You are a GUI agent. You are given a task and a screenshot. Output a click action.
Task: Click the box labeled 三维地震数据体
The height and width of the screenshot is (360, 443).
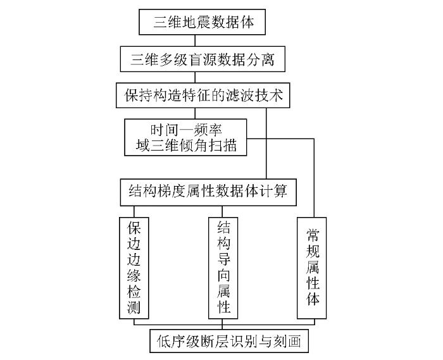coord(202,22)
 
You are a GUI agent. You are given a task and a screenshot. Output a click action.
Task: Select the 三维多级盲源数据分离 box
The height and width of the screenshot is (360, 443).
coord(203,59)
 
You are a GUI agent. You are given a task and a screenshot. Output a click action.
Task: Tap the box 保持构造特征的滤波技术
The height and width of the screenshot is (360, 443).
coord(203,95)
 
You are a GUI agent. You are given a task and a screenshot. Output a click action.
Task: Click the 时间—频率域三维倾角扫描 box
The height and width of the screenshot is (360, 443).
coord(185,137)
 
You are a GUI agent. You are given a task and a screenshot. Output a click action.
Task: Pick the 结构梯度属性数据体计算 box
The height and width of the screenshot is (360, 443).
coord(208,192)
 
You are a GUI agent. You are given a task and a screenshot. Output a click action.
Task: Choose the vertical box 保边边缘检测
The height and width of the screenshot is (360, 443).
coord(134,268)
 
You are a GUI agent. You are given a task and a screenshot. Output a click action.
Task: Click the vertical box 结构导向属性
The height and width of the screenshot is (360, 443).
coord(223,268)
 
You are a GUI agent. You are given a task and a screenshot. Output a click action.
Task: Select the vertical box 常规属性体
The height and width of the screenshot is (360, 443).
coord(311,268)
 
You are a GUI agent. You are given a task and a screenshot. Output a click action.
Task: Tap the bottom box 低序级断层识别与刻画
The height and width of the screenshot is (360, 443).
coord(229,341)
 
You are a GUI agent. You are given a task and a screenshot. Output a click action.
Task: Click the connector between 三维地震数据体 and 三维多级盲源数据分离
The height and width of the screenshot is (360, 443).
coord(195,40)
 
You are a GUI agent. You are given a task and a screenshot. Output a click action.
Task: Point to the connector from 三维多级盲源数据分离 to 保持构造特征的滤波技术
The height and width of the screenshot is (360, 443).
coord(195,77)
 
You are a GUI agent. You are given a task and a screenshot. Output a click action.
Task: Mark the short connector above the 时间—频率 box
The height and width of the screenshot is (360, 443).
coord(195,113)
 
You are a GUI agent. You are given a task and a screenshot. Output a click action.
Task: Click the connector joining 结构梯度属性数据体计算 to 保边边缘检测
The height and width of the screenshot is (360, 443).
coord(134,211)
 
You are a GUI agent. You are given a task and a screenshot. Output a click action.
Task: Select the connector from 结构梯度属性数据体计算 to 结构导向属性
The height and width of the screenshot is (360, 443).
coord(222,211)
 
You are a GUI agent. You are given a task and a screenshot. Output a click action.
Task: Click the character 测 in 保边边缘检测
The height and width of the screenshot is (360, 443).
coord(134,307)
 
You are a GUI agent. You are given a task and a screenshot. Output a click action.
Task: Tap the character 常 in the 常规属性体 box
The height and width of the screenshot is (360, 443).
coord(313,235)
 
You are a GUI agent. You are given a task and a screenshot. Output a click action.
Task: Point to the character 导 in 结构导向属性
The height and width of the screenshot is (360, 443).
coord(223,259)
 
